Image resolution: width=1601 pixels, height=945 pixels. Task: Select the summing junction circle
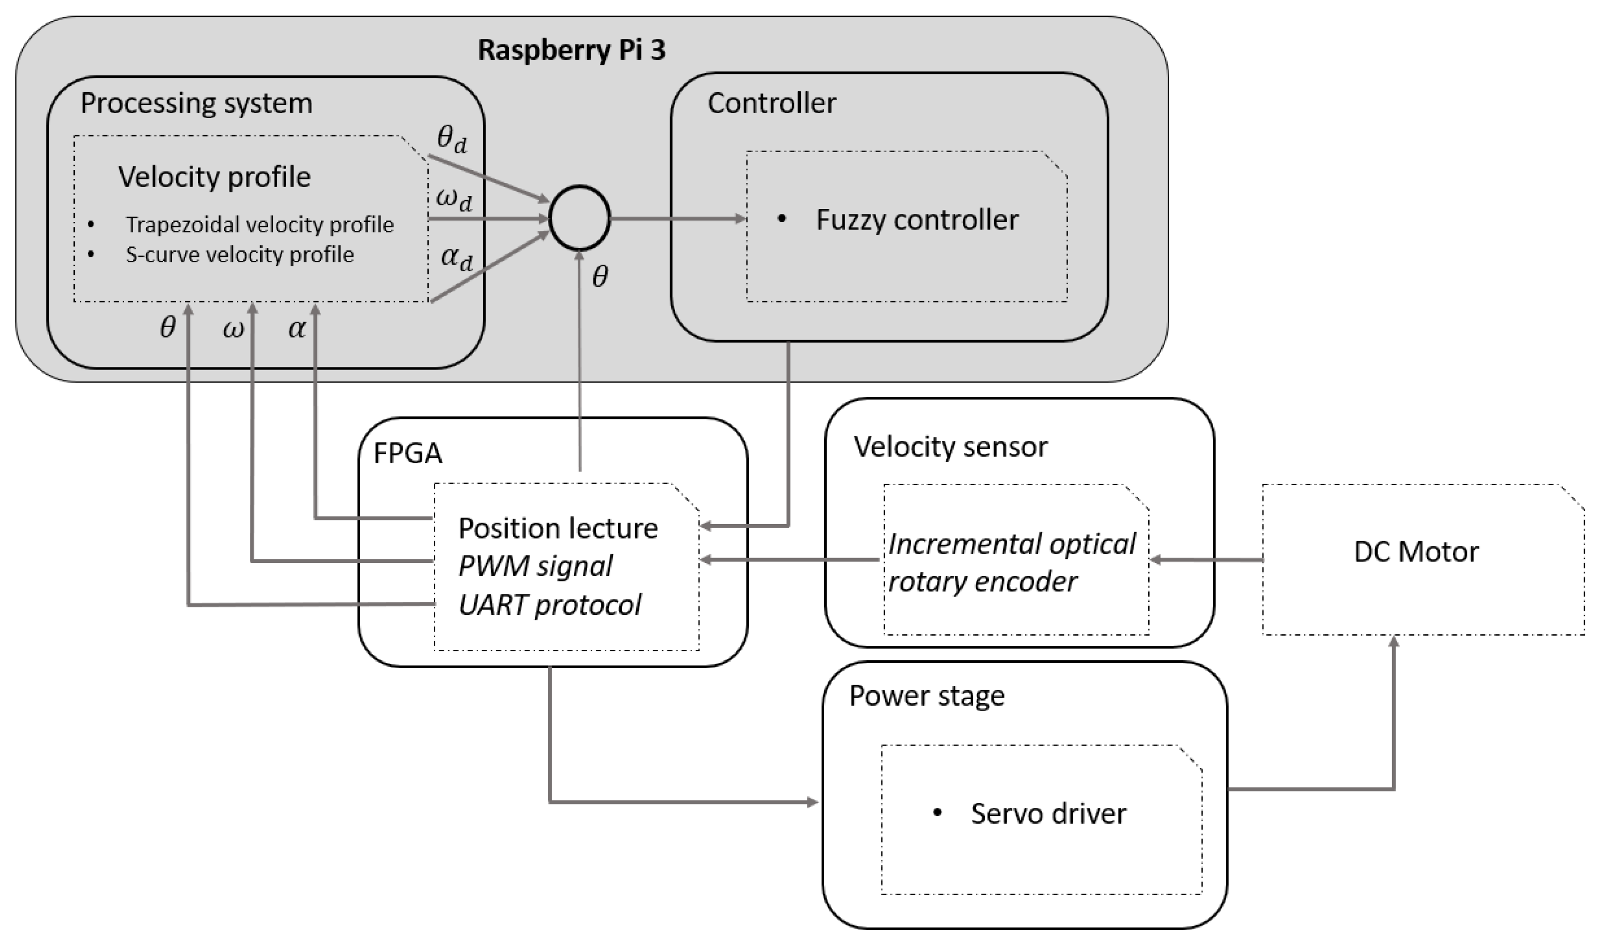click(x=579, y=218)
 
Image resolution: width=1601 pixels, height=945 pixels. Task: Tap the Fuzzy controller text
click(x=917, y=220)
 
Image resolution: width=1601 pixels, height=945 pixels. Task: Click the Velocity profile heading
click(x=214, y=177)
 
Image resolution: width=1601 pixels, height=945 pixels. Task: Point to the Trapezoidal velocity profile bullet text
click(x=259, y=225)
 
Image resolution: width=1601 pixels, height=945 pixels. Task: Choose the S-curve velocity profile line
click(x=239, y=255)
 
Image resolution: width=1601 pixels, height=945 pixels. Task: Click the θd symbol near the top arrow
click(x=451, y=138)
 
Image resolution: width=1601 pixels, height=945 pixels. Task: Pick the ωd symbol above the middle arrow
click(x=453, y=198)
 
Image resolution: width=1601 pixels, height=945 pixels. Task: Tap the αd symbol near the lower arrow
click(x=456, y=258)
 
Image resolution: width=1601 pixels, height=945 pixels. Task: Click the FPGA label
click(x=407, y=454)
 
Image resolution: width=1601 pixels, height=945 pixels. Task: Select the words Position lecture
click(x=557, y=529)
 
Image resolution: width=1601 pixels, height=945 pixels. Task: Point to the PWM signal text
click(x=534, y=566)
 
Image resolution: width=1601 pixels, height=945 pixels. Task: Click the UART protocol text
click(x=549, y=605)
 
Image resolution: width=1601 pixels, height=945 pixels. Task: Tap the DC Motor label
click(x=1416, y=552)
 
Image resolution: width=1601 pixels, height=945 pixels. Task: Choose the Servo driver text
click(x=1048, y=814)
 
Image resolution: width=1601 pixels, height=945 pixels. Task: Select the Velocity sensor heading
click(x=950, y=447)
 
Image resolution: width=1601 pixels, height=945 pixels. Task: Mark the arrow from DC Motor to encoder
click(x=1206, y=560)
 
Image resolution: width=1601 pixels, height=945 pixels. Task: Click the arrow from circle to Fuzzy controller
click(x=678, y=218)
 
